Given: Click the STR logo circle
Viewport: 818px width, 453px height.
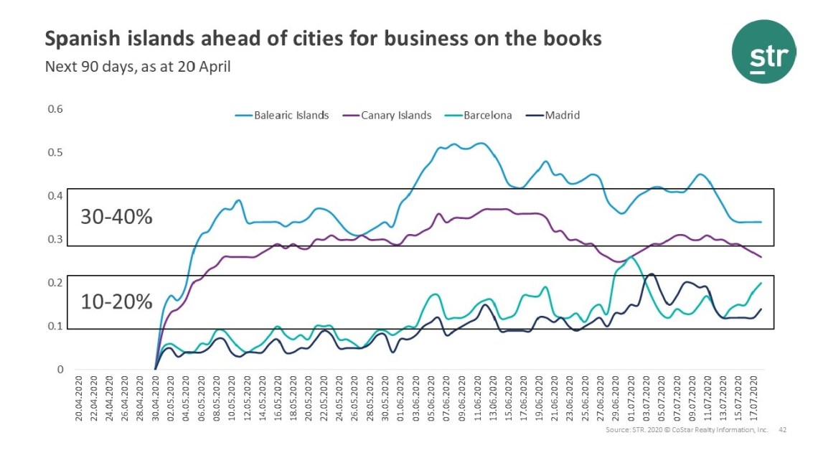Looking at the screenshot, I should [x=763, y=51].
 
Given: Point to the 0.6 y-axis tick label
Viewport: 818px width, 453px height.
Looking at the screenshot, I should [x=55, y=109].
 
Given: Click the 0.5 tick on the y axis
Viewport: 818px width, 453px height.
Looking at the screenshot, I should [x=55, y=153].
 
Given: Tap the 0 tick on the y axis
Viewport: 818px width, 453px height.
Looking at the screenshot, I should [x=61, y=370].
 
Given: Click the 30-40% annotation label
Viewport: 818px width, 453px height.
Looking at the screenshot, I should [x=116, y=217].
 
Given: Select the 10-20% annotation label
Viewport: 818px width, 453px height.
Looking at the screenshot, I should [x=116, y=302].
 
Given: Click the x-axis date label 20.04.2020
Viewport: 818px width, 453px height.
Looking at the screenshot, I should [x=80, y=397].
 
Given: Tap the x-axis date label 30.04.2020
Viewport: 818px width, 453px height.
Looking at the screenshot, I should [x=156, y=397].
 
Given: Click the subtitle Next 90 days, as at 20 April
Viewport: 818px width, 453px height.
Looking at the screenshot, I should [x=138, y=67].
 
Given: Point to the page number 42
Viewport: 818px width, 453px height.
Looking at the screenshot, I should [x=783, y=429].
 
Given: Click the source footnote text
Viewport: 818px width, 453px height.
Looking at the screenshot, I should [x=687, y=429].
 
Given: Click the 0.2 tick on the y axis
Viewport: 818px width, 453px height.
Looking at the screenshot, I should [x=55, y=284].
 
